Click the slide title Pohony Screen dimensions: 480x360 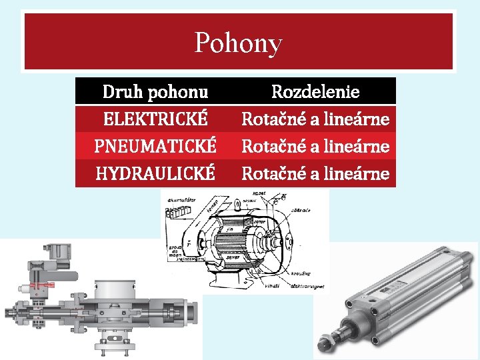(239, 43)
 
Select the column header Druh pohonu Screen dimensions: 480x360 (155, 91)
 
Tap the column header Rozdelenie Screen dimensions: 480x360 (315, 91)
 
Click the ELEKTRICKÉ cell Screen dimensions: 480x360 (155, 119)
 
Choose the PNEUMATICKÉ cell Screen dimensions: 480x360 (155, 146)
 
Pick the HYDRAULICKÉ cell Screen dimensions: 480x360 (155, 173)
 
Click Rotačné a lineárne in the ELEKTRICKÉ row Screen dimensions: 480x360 (315, 119)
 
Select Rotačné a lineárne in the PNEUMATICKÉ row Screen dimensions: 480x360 (315, 146)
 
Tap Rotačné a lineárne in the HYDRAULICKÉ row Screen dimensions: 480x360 (315, 173)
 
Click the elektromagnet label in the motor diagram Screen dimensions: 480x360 (309, 287)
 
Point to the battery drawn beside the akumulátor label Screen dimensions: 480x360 (179, 211)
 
